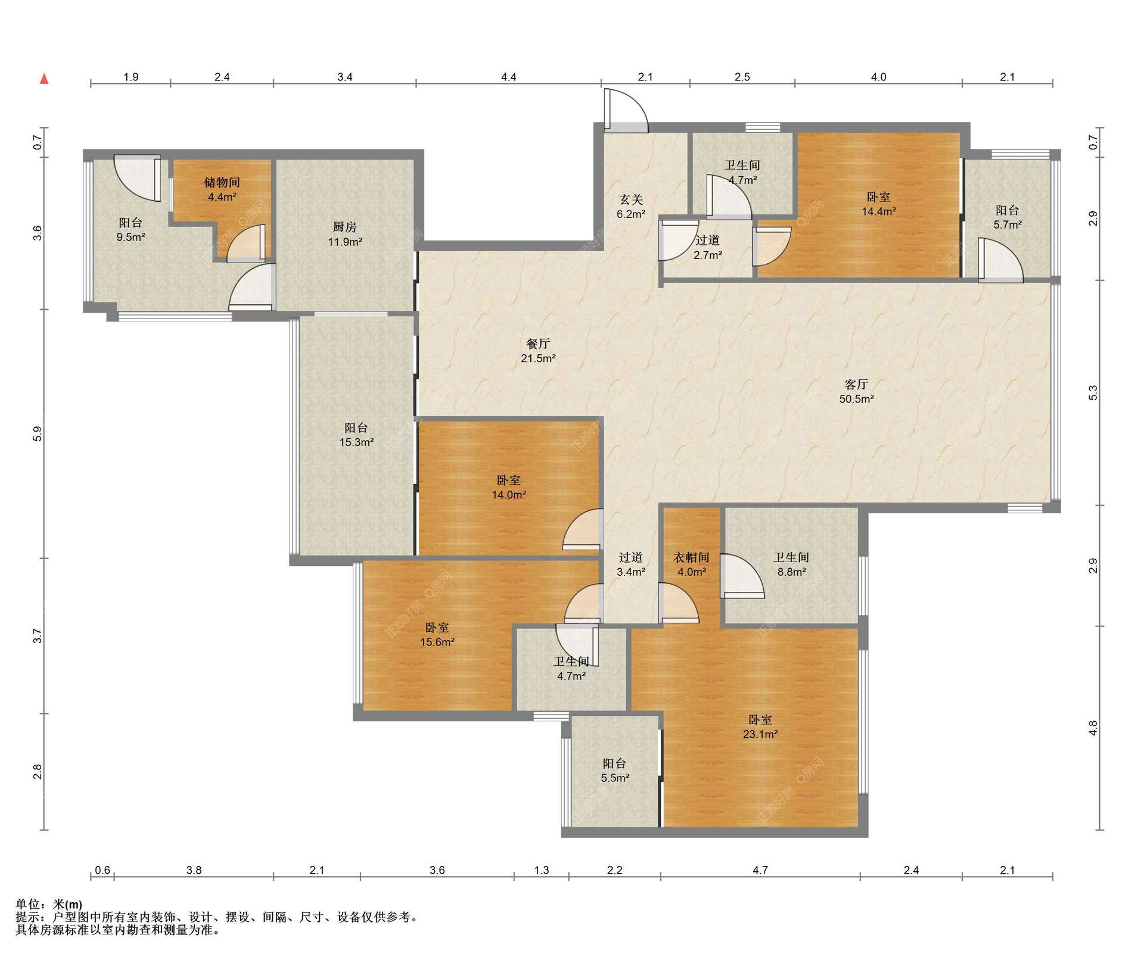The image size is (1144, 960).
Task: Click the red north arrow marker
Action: [x=44, y=79]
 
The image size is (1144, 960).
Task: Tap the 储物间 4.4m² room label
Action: [x=222, y=189]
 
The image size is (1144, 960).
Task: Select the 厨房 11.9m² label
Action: [x=345, y=234]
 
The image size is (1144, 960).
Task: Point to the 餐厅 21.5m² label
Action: [x=538, y=351]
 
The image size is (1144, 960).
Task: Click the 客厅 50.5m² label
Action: [x=856, y=391]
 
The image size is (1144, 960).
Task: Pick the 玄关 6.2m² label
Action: [x=631, y=207]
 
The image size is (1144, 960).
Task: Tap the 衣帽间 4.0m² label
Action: [x=691, y=564]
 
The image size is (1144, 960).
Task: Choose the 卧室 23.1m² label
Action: [x=760, y=727]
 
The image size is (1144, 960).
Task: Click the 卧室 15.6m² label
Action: [x=437, y=634]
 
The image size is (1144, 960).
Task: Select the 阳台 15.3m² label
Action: [x=356, y=435]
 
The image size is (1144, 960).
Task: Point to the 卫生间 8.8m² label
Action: [x=791, y=564]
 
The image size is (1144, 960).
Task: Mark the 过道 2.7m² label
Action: [x=708, y=247]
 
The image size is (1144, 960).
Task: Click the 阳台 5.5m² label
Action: [x=615, y=770]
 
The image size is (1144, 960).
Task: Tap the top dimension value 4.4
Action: [x=508, y=77]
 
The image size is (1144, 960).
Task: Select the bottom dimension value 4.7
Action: [x=760, y=870]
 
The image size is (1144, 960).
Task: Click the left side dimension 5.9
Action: [x=38, y=434]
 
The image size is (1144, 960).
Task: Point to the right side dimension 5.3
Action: [x=1093, y=392]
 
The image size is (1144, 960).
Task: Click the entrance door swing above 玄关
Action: [x=626, y=111]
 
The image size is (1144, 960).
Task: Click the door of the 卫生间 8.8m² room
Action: [x=742, y=576]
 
